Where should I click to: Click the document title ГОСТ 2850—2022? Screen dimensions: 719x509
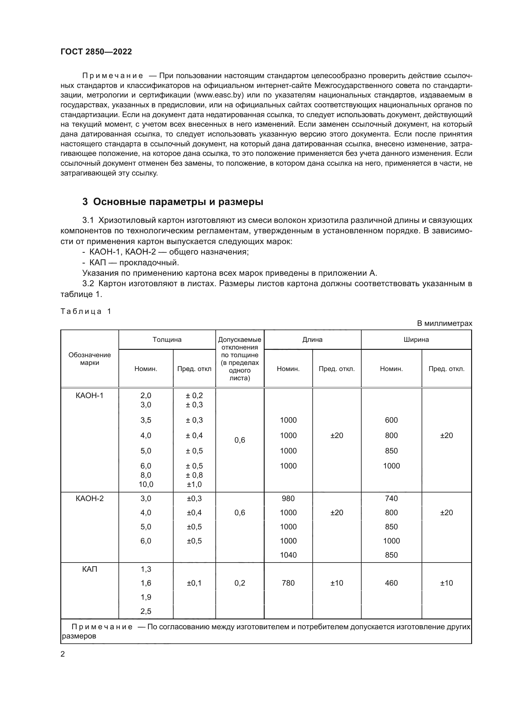(96, 52)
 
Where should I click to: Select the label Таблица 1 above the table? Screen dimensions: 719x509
(86, 311)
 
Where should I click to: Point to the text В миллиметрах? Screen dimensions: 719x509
(444, 323)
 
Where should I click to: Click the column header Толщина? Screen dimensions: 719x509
(167, 339)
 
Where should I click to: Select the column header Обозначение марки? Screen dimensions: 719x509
(90, 358)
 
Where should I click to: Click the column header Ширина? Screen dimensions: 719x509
(416, 339)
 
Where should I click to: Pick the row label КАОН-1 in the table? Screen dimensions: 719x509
(90, 395)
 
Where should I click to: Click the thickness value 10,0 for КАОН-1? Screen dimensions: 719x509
(146, 484)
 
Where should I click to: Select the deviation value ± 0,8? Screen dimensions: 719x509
(194, 475)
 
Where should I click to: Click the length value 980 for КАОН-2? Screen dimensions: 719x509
(288, 498)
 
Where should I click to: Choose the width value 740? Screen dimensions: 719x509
(391, 498)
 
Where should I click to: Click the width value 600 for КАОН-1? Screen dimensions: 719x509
(391, 420)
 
